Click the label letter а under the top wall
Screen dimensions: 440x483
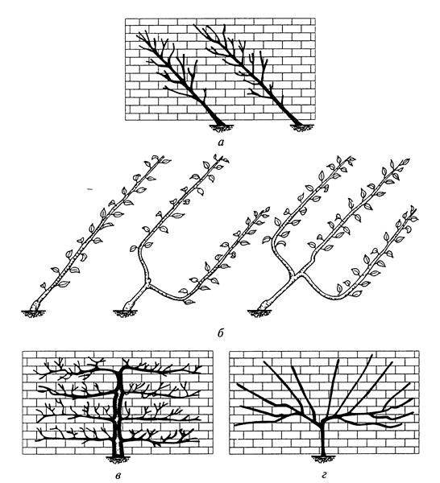[x=220, y=142]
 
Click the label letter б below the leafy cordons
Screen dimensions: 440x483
[x=220, y=333]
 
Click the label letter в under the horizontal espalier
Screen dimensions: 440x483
[x=117, y=475]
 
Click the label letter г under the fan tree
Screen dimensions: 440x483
[x=323, y=475]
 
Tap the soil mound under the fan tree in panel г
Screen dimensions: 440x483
[x=322, y=459]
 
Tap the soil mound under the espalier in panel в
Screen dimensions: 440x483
[x=118, y=460]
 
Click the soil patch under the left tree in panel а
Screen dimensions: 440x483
[x=221, y=127]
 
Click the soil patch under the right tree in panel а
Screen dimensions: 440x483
[x=302, y=127]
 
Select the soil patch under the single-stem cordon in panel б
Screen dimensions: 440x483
[x=34, y=313]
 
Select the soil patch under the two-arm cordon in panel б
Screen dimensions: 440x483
[x=125, y=313]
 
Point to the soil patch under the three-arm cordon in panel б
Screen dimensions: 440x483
[x=261, y=313]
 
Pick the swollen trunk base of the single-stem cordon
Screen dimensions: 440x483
[x=36, y=306]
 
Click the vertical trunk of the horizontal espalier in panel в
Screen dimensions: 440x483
[x=118, y=410]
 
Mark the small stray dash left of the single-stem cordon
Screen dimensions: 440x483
[x=89, y=190]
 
